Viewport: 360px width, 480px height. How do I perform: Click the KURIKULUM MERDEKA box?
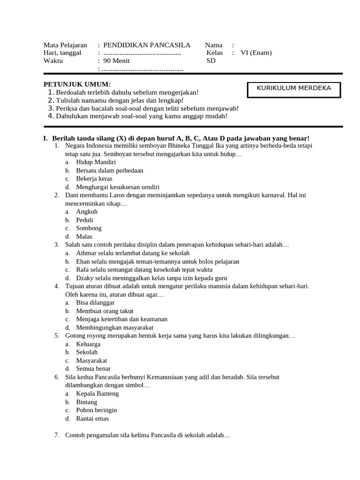pos(294,89)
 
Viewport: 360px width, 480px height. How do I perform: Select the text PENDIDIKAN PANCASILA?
pos(147,45)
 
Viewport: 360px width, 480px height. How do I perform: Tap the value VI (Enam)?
pos(256,53)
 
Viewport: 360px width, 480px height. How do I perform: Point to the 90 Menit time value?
pos(117,61)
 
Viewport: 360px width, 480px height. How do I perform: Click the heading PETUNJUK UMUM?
pos(77,84)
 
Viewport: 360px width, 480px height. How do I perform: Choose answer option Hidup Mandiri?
pos(96,162)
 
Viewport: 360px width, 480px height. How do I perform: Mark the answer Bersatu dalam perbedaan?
pos(109,171)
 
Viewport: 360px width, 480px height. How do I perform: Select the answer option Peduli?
pos(84,220)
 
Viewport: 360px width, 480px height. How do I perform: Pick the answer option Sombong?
pos(89,228)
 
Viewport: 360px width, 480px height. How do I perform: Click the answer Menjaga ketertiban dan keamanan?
pos(121,319)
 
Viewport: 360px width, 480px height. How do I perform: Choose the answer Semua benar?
pos(93,369)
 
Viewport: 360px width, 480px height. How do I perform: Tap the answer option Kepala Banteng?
pos(97,394)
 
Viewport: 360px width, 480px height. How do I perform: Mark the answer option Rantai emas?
pos(92,419)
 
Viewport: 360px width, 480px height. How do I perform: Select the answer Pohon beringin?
pos(96,410)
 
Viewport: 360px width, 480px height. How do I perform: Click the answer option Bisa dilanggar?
pos(95,303)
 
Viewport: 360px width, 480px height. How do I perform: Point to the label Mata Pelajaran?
pos(65,45)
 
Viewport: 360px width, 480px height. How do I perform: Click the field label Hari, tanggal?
pos(63,53)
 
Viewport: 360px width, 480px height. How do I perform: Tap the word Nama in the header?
pos(214,45)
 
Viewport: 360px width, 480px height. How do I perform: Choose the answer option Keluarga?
pos(88,344)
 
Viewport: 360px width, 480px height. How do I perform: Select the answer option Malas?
pos(84,237)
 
